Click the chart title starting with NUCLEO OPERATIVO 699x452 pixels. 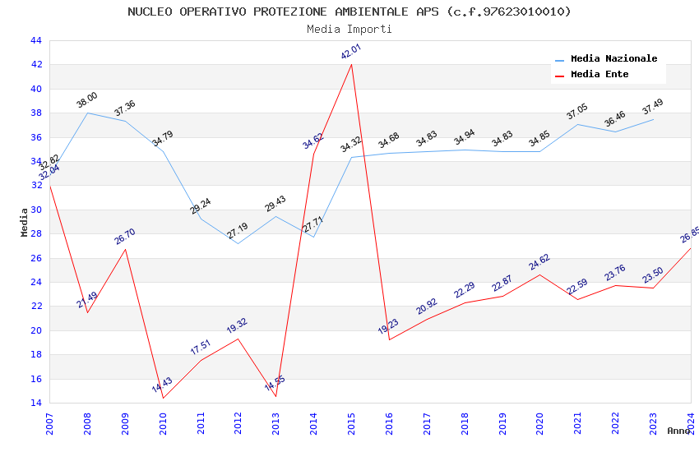pyautogui.click(x=349, y=12)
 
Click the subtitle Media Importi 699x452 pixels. pyautogui.click(x=349, y=29)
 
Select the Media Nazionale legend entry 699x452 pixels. pyautogui.click(x=613, y=59)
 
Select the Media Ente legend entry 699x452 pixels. pyautogui.click(x=599, y=74)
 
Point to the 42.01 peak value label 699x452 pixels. pyautogui.click(x=351, y=52)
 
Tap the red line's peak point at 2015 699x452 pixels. pyautogui.click(x=352, y=64)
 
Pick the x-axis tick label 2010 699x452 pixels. pyautogui.click(x=163, y=424)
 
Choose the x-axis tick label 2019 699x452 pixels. pyautogui.click(x=502, y=424)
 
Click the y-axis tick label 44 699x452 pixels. pyautogui.click(x=35, y=40)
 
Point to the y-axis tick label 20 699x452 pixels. pyautogui.click(x=35, y=330)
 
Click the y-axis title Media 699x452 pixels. pyautogui.click(x=25, y=222)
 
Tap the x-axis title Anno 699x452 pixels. pyautogui.click(x=678, y=431)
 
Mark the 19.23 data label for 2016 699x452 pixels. pyautogui.click(x=388, y=326)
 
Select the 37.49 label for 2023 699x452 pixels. pyautogui.click(x=652, y=107)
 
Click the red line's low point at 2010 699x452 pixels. pyautogui.click(x=163, y=398)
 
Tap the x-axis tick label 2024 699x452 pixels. pyautogui.click(x=691, y=424)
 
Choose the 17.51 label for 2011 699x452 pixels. pyautogui.click(x=201, y=347)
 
